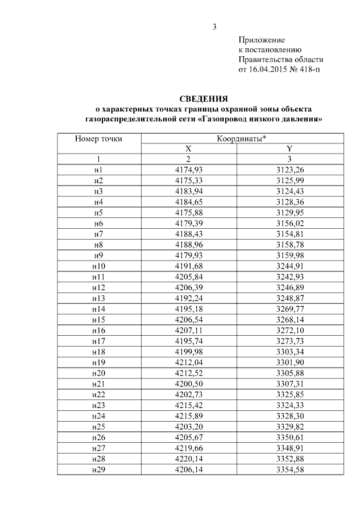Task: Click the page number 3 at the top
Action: [214, 27]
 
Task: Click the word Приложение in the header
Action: [261, 40]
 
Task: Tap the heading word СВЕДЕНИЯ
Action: [204, 98]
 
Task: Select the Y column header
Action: [289, 149]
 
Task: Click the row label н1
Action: [98, 170]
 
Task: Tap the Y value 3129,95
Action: [289, 212]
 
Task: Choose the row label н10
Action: [98, 266]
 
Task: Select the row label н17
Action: [98, 341]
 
